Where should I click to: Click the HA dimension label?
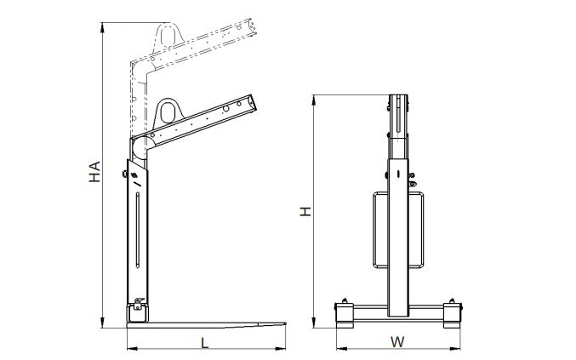94,172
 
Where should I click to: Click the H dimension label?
305,211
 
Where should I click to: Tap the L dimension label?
205,343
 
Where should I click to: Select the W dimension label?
397,342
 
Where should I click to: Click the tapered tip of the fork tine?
285,323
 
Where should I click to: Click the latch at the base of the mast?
139,304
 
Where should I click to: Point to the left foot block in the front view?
345,314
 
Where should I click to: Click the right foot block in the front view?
453,314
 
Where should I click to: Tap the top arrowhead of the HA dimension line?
102,27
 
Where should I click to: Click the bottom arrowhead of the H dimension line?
314,323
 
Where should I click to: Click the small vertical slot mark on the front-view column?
398,174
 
